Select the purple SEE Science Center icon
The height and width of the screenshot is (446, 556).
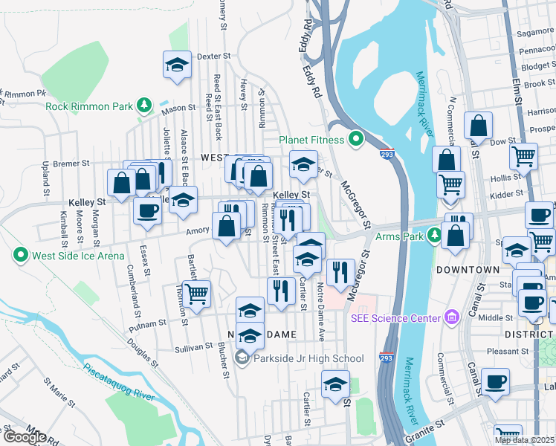[450, 319]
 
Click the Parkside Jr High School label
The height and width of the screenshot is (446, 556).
[308, 359]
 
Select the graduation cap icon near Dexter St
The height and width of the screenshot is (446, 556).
[177, 65]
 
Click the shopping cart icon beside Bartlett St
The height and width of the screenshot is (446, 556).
[197, 294]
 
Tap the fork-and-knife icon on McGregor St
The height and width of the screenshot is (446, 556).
[340, 272]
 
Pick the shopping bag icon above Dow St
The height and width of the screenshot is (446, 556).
[479, 126]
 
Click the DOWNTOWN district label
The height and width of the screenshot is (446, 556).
[467, 269]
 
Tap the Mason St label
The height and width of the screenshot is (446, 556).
[178, 111]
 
